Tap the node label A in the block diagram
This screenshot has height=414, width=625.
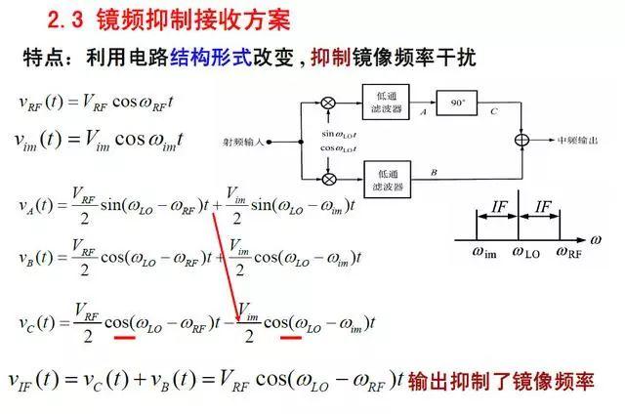click(x=422, y=112)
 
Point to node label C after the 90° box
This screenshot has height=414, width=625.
click(x=494, y=112)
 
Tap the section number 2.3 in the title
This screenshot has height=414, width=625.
click(x=67, y=20)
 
